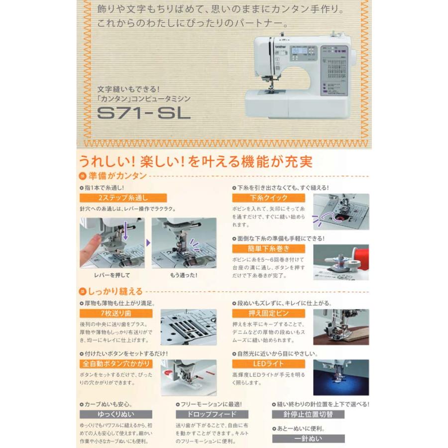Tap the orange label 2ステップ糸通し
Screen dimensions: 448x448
click(x=111, y=198)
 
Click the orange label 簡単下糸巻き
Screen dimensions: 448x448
click(x=261, y=248)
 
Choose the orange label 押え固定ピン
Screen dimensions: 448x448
click(x=261, y=314)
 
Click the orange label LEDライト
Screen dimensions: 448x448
click(x=261, y=364)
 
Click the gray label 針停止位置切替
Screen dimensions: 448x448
click(x=308, y=414)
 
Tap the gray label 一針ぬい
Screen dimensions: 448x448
click(x=308, y=439)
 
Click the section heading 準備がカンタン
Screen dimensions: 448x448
click(x=115, y=175)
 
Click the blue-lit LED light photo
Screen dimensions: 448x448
click(x=341, y=377)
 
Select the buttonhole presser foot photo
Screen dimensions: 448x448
click(x=188, y=377)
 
